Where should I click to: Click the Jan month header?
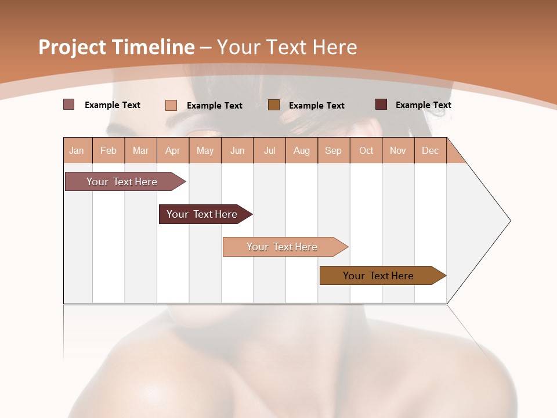77,150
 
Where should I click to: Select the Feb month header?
108,150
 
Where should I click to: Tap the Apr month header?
172,150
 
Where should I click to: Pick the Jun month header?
237,150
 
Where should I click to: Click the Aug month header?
301,150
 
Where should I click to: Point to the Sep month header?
333,150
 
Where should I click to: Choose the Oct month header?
366,150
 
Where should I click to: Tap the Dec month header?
430,150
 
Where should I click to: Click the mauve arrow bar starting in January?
122,182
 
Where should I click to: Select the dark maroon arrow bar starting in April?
202,214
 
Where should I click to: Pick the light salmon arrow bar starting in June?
282,247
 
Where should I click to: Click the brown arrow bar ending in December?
378,276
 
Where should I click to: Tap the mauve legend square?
68,105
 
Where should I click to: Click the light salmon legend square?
171,105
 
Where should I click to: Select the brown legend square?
274,105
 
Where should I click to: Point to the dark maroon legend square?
381,105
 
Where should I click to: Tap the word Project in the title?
71,47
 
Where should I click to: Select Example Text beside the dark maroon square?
423,105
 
